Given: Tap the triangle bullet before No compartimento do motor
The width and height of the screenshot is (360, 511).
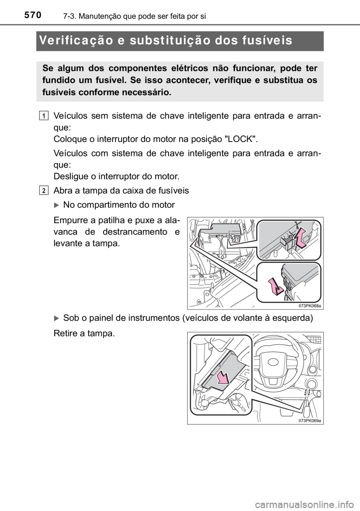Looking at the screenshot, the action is point(57,205).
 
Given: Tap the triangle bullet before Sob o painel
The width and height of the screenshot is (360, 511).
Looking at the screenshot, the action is point(57,318).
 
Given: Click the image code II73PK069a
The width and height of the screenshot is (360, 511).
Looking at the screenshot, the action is point(310,421).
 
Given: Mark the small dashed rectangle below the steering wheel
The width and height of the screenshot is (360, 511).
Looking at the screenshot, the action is point(307,392).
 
